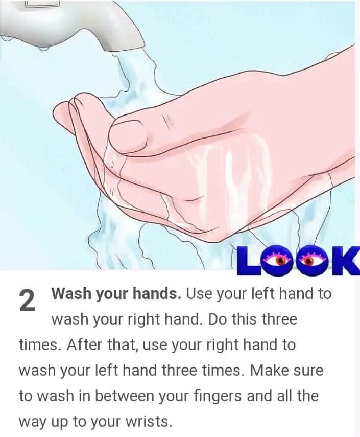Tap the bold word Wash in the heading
click(71, 293)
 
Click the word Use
click(199, 293)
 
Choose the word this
click(244, 319)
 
